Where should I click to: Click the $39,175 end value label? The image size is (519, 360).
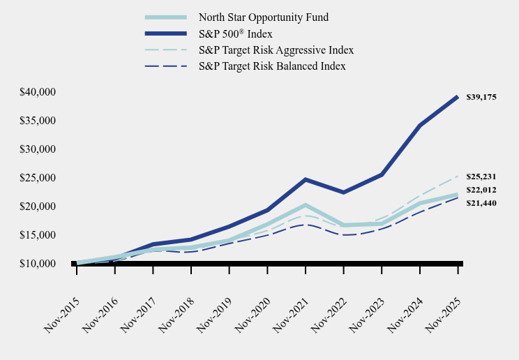click(481, 97)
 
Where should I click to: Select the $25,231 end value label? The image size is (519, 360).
click(481, 177)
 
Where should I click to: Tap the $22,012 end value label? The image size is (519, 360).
click(481, 190)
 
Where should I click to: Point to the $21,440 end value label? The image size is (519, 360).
click(481, 202)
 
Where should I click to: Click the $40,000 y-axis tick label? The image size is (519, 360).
click(38, 92)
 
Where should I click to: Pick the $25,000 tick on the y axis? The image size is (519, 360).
click(38, 178)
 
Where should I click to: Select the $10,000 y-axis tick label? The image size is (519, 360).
click(38, 264)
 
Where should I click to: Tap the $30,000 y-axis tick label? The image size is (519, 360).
click(38, 149)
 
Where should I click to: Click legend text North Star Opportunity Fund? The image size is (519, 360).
click(263, 17)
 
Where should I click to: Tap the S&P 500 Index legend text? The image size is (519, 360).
click(235, 33)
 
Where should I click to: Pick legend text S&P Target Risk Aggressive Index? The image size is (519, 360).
click(276, 50)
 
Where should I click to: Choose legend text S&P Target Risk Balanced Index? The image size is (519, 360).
click(272, 66)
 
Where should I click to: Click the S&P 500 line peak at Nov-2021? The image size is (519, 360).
click(306, 179)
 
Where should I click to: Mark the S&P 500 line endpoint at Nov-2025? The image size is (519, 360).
click(458, 97)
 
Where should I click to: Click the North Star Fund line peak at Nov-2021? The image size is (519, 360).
click(306, 205)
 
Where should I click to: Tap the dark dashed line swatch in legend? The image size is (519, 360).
click(166, 66)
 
